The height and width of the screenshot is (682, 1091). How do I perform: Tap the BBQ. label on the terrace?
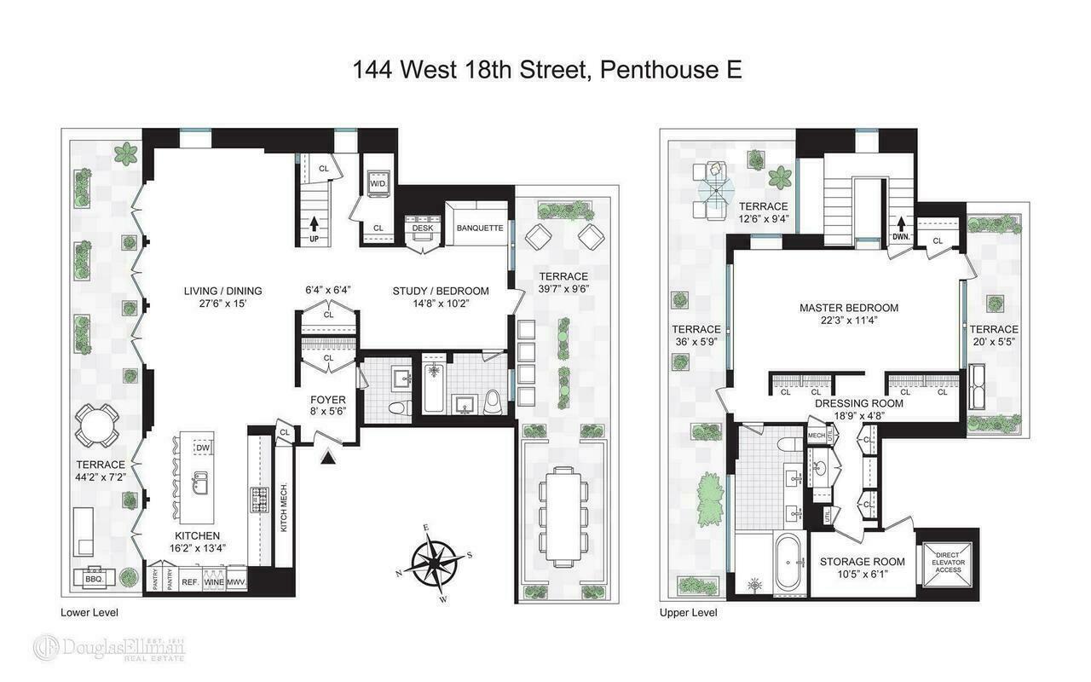coord(92,578)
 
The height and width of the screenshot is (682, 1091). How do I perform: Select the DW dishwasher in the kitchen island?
coord(202,448)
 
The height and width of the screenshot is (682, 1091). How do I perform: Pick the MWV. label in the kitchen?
coord(236,581)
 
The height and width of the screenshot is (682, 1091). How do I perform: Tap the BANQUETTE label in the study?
coord(479,228)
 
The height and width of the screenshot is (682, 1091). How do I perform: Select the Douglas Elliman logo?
coord(109,647)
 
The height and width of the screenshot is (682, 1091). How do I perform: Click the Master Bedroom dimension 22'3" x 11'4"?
coord(848,321)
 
